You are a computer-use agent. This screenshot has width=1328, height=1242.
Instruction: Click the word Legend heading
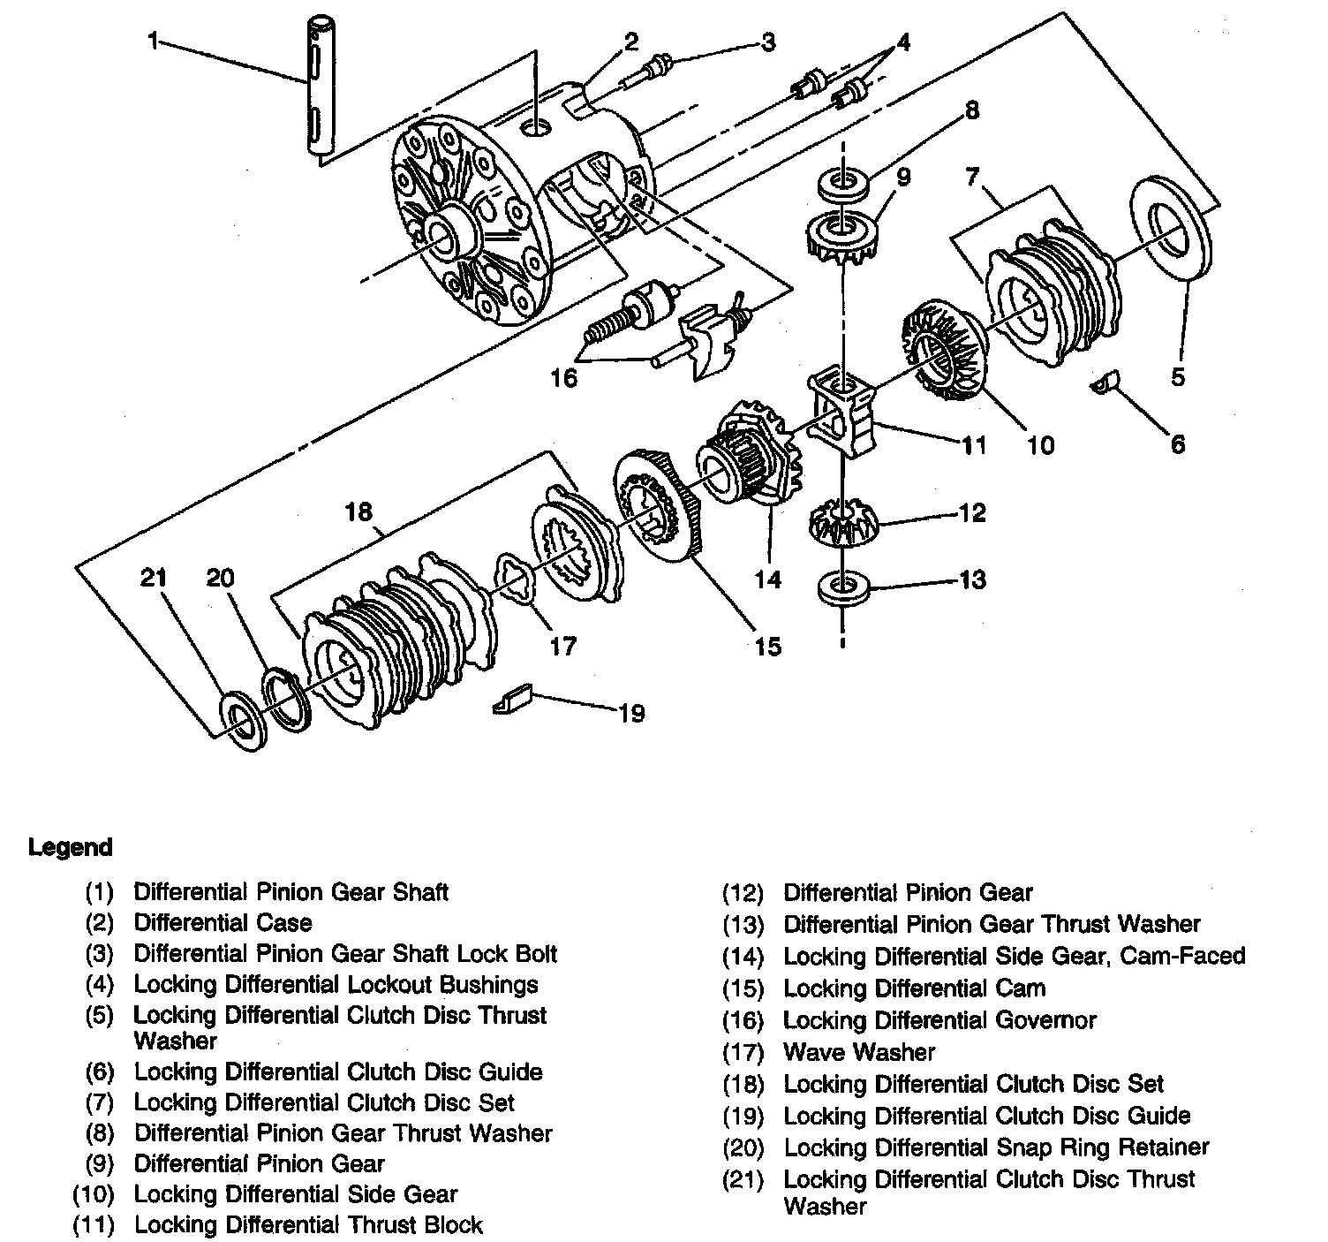pyautogui.click(x=71, y=847)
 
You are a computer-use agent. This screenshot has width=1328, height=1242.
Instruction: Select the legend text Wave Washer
pyautogui.click(x=858, y=1052)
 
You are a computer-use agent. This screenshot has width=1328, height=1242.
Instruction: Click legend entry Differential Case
pyautogui.click(x=223, y=923)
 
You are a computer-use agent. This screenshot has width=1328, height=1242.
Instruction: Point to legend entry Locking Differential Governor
pyautogui.click(x=939, y=1020)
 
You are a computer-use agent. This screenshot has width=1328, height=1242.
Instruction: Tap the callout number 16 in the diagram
pyautogui.click(x=563, y=378)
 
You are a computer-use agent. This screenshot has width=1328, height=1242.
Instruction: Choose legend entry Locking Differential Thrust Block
pyautogui.click(x=308, y=1224)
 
